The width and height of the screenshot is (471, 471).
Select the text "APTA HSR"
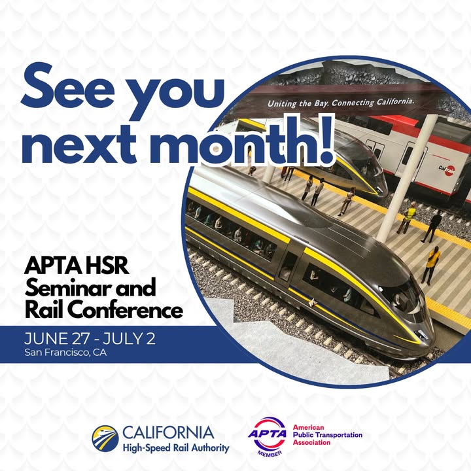coord(77,266)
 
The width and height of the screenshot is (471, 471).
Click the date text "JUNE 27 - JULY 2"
coord(90,338)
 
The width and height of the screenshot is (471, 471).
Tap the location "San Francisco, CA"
coord(65,352)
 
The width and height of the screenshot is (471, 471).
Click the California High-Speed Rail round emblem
coord(105,438)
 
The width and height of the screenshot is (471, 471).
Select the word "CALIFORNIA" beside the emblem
coord(168,432)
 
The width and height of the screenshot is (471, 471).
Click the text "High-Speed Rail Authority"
coord(176,448)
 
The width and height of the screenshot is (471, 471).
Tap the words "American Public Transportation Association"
coord(328,434)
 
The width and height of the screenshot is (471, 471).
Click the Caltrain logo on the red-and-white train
coord(447,170)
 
